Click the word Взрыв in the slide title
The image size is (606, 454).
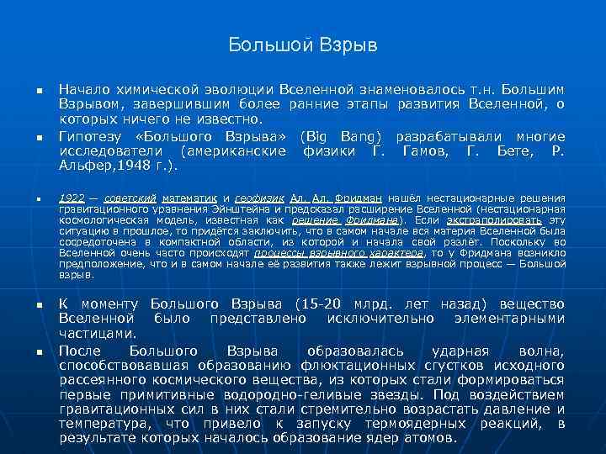coord(343,44)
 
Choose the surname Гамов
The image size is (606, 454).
coord(431,150)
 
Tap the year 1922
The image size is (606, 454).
coord(72,197)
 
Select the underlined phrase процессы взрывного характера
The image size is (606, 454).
coord(338,251)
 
